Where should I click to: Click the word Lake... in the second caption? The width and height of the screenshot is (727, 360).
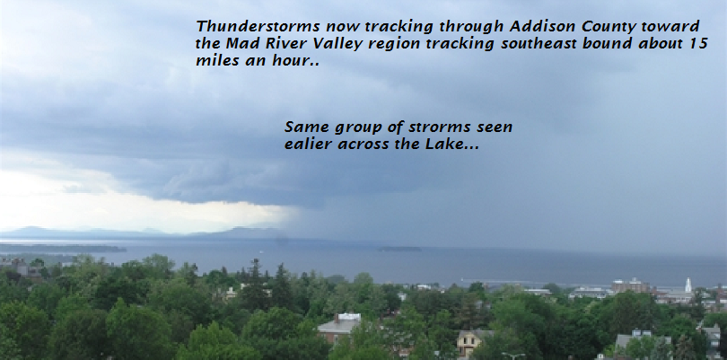[452, 144]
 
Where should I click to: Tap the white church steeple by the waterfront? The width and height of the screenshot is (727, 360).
[688, 285]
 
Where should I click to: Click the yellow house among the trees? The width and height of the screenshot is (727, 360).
[469, 342]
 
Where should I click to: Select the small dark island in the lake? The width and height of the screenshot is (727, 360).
[399, 249]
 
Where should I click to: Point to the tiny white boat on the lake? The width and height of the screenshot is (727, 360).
[260, 252]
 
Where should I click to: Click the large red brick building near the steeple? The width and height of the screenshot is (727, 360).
[631, 285]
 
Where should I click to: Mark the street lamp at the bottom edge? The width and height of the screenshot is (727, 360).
[513, 355]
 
